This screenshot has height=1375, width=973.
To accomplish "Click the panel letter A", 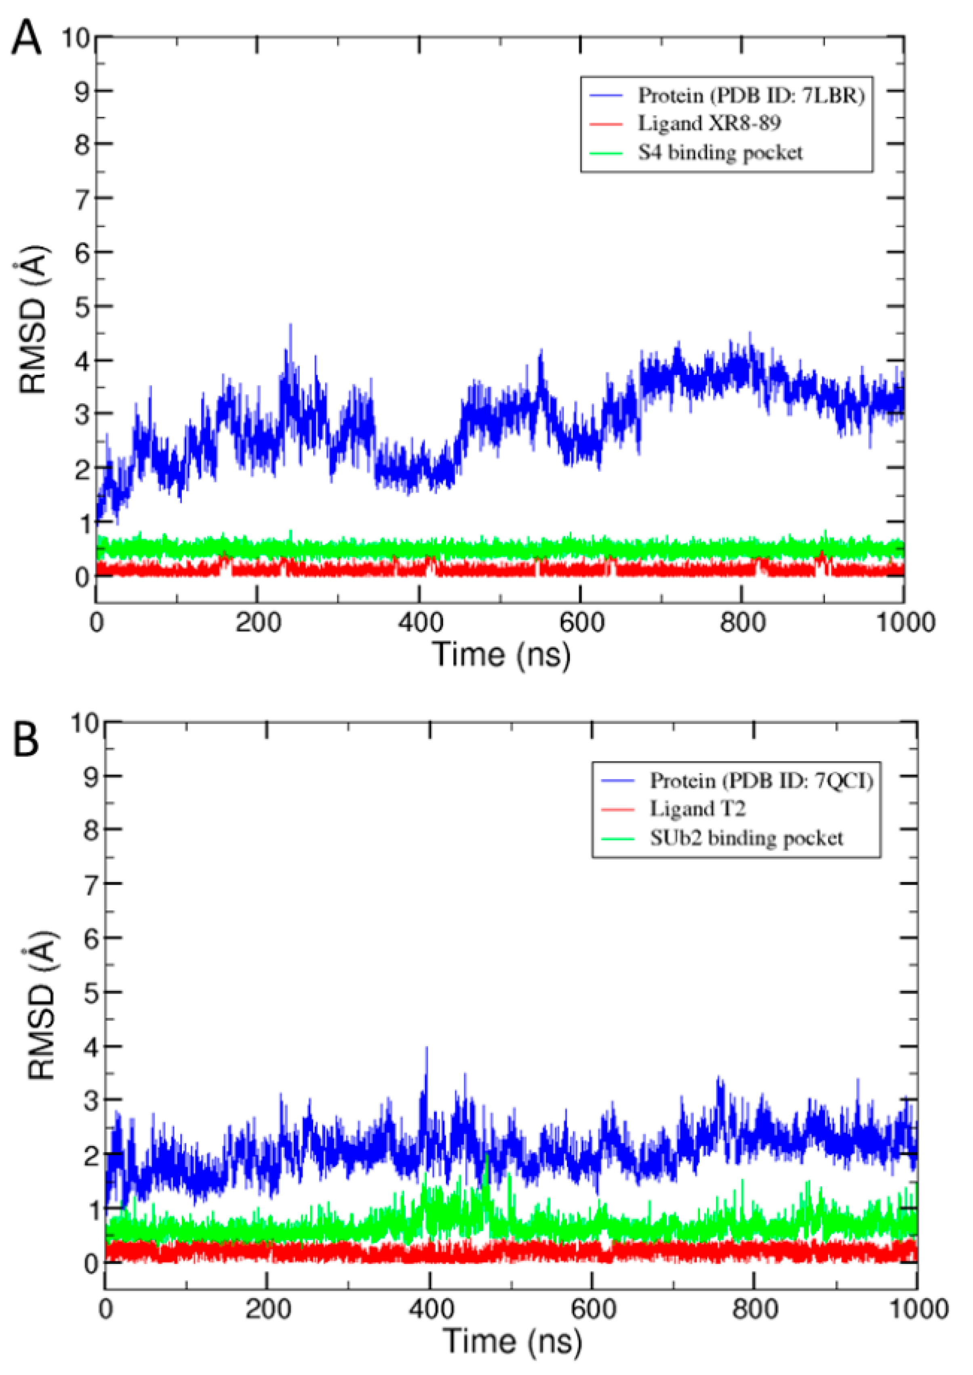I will point(26,38).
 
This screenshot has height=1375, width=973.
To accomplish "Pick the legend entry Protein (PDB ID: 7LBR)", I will point(751,96).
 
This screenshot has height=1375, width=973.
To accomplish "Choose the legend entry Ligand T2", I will point(698,809).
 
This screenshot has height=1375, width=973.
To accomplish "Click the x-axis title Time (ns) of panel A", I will point(501,654).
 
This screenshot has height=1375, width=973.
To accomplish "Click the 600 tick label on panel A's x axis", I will point(581,623).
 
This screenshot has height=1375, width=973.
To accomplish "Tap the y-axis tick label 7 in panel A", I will point(83,198).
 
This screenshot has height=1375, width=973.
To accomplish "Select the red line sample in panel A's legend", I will point(607,124).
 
